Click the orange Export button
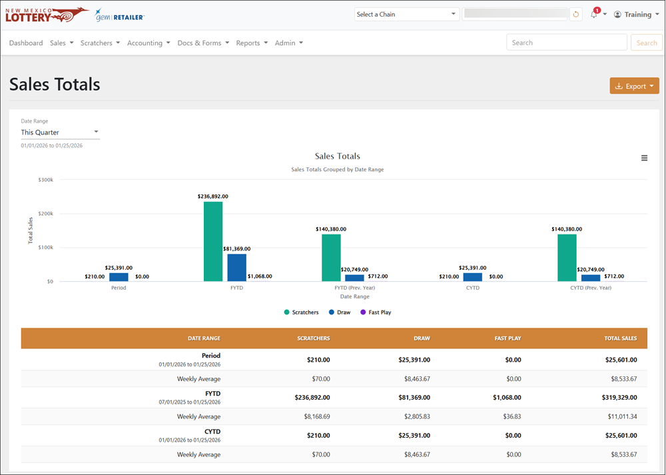634,86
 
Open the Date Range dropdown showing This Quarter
60,132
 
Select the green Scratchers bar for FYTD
213,241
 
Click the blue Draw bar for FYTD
236,268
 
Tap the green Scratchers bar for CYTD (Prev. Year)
567,258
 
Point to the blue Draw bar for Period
119,277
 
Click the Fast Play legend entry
376,312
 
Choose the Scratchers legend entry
301,312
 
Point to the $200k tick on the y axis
46,214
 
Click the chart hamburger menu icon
644,158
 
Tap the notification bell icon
594,15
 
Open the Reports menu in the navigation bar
252,43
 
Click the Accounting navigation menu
149,43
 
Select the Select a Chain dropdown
406,15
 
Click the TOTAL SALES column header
621,338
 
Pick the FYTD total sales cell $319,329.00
619,398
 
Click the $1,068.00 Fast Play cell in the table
507,398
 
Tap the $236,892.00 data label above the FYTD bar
213,197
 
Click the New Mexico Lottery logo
47,15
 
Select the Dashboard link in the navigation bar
26,43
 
